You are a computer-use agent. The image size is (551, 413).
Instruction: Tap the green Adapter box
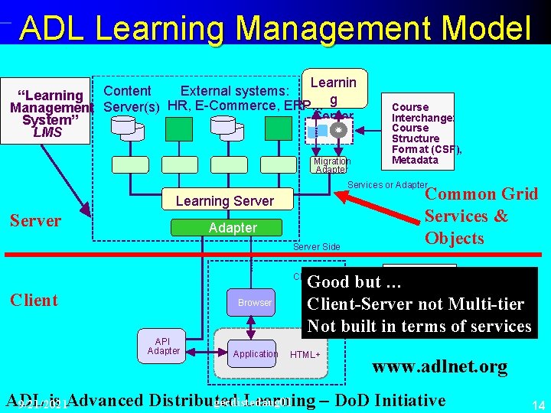(x=233, y=228)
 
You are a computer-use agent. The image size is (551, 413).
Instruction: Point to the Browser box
(x=254, y=303)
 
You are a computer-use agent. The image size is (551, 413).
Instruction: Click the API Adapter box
(x=163, y=346)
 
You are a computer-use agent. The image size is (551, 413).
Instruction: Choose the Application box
(x=255, y=354)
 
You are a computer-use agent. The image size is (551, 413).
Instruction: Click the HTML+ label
(x=305, y=355)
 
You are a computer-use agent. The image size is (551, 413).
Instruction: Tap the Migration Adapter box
(x=331, y=165)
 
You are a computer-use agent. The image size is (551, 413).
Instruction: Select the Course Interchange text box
(x=422, y=133)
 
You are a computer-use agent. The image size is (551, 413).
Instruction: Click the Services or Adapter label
(x=386, y=185)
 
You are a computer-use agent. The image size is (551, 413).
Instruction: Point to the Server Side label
(x=316, y=247)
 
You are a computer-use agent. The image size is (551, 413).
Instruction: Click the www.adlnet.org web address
(x=439, y=367)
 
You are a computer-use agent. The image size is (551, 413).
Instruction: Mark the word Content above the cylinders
(x=127, y=91)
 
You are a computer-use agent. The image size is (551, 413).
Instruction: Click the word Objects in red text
(x=454, y=238)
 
